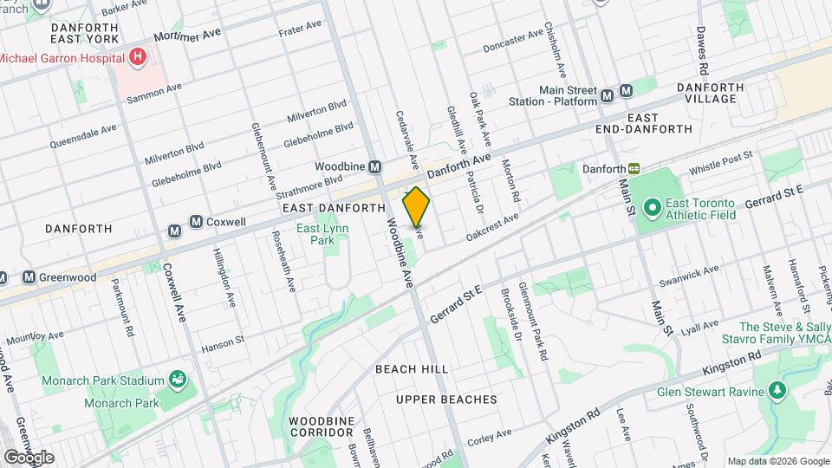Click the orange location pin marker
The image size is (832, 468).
click(417, 206)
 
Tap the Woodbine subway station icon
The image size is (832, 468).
click(375, 166)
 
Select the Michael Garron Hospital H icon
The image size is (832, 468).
click(136, 57)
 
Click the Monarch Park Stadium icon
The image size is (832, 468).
click(178, 379)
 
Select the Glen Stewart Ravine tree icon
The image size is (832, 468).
click(777, 390)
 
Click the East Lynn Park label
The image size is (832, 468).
click(315, 234)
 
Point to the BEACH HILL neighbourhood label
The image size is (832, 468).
click(412, 369)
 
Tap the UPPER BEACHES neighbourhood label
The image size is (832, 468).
click(446, 400)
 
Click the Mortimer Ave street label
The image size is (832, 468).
click(188, 36)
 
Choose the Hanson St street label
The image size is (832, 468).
click(223, 344)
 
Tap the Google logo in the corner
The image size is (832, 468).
click(28, 457)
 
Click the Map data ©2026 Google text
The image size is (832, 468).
click(777, 461)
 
